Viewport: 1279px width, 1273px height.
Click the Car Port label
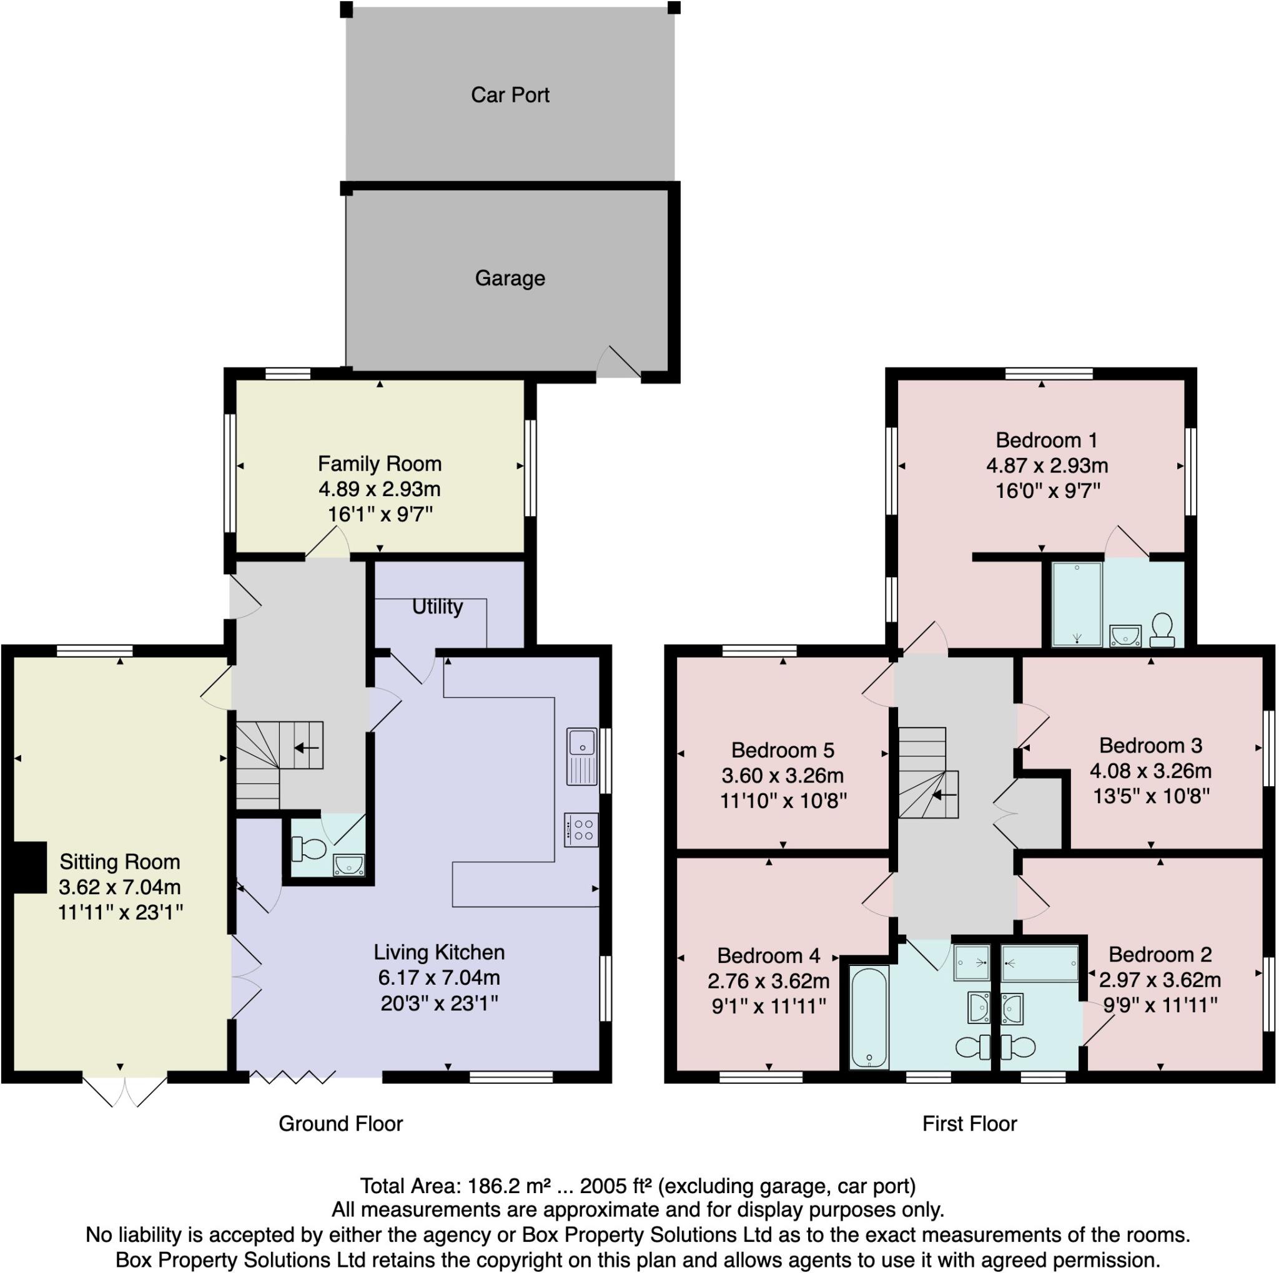[510, 95]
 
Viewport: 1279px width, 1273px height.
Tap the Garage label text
[510, 278]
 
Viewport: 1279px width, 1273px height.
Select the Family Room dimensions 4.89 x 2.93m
[379, 490]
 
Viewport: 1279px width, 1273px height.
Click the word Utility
[437, 607]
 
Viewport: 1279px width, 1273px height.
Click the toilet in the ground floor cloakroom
[309, 848]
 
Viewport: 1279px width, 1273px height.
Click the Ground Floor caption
[340, 1123]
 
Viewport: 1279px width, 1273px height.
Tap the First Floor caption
[969, 1123]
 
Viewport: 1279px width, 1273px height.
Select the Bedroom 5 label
[783, 750]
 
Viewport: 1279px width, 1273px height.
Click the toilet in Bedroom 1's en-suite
[1162, 629]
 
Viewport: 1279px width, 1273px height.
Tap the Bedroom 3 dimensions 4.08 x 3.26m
[1150, 771]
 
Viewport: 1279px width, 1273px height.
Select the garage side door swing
[618, 363]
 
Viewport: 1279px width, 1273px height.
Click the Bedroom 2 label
[1160, 955]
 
